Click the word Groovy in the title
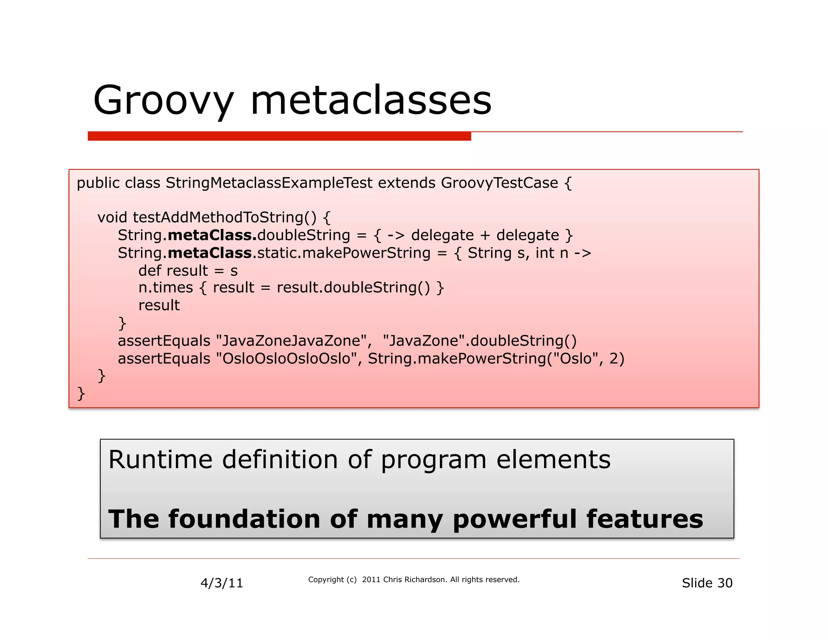[x=163, y=100]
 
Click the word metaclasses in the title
[x=371, y=100]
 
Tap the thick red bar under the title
[x=279, y=136]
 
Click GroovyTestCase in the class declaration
[x=499, y=183]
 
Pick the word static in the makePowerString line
[x=277, y=253]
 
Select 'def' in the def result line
[x=150, y=271]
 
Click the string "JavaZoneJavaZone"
[x=291, y=341]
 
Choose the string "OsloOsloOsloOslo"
[x=289, y=359]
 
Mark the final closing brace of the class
[x=81, y=393]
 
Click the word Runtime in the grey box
[x=160, y=460]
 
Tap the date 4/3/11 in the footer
[x=222, y=583]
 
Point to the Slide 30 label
[x=707, y=583]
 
